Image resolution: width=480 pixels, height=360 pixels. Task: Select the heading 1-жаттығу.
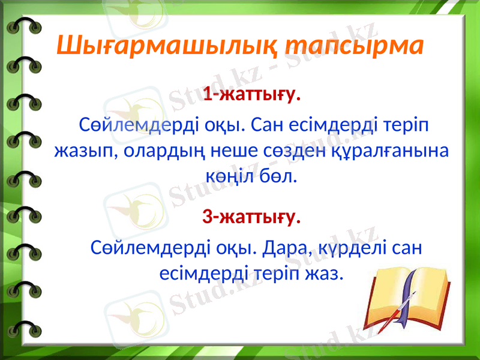252,95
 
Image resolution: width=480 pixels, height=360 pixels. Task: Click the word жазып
86,151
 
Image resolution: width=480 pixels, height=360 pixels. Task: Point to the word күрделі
352,247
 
